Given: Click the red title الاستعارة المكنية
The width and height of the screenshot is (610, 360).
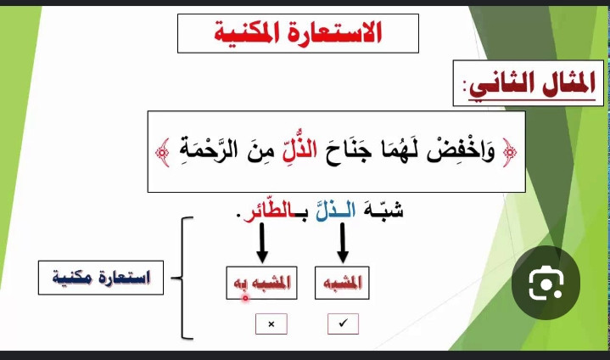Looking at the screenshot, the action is coord(298,33).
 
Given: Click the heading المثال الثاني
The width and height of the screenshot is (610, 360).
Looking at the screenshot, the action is coord(532,84).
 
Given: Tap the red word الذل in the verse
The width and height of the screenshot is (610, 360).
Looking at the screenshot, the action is coord(300,149).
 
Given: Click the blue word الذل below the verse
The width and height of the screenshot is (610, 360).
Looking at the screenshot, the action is coord(335,211).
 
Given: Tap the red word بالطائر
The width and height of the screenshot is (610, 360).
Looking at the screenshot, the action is coord(272,211).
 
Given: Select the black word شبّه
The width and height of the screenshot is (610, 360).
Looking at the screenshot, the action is coord(383,211).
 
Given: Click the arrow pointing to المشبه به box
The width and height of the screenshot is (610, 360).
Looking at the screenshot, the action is coord(262,243).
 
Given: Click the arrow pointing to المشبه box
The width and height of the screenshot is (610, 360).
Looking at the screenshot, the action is coord(343,243).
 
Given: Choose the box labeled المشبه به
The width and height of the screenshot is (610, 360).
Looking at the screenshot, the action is coord(261,283).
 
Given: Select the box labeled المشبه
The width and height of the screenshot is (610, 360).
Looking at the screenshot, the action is coord(342,283).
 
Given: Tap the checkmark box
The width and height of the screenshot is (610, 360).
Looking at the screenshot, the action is coord(343,323).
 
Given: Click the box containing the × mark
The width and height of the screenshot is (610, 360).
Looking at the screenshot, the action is coord(271,323).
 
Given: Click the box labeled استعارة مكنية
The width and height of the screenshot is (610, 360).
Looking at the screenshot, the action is coord(101,278).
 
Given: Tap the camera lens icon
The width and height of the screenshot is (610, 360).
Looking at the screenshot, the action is coord(546,283).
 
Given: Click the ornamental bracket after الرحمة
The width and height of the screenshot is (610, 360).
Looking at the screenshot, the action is coord(163,152).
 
